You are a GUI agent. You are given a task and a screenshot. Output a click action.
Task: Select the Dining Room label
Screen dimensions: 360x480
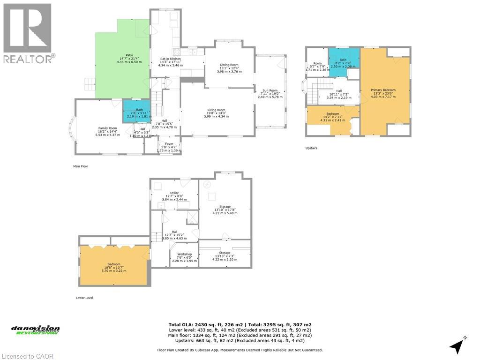229,68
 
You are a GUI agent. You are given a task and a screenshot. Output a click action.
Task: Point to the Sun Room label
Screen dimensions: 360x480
270,94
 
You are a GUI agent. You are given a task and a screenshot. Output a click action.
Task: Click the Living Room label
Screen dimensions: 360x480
217,113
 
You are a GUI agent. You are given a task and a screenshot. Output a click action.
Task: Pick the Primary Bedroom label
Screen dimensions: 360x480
383,93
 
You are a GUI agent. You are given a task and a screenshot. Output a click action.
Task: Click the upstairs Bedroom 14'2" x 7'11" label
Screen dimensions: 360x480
333,117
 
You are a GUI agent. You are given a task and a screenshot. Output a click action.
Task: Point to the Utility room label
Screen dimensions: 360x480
174,196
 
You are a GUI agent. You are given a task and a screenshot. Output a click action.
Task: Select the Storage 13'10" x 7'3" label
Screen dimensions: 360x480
225,256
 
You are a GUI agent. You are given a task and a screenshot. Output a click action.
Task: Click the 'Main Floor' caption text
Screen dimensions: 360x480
80,166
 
